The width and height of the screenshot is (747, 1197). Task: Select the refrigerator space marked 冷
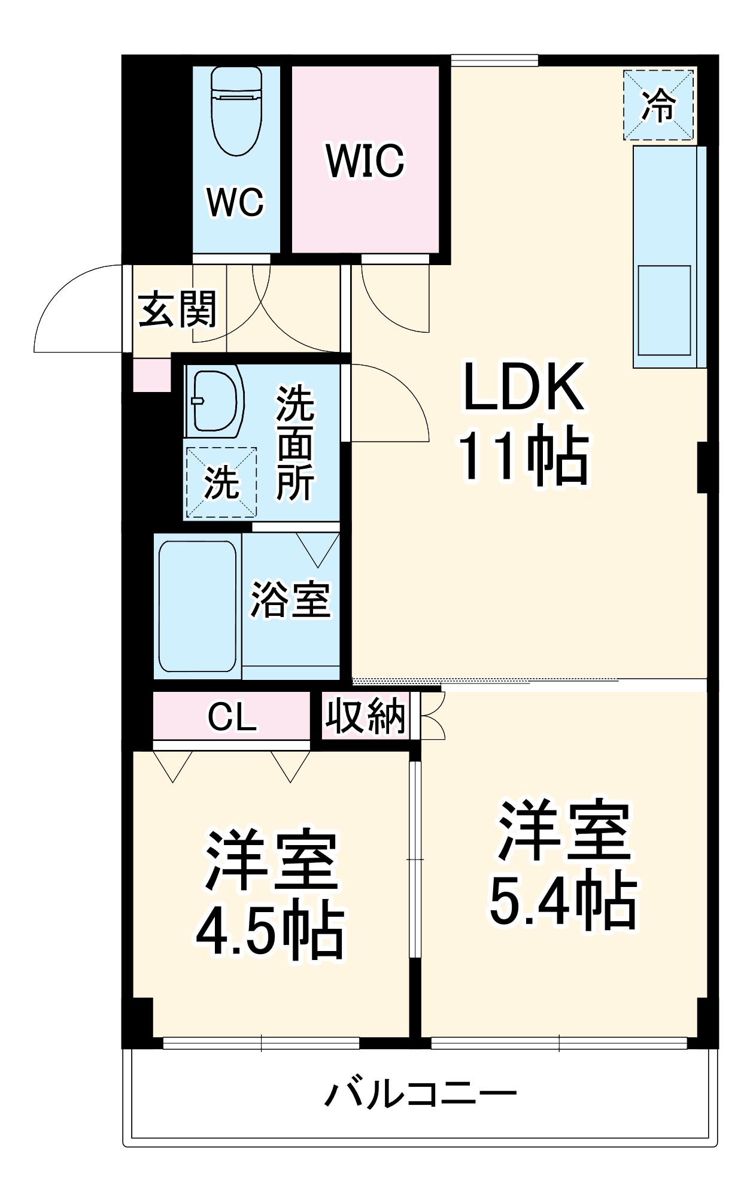pyautogui.click(x=658, y=105)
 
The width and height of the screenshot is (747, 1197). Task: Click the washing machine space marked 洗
pyautogui.click(x=221, y=482)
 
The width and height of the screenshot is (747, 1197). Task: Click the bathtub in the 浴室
pyautogui.click(x=197, y=606)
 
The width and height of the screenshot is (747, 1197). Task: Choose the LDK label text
pyautogui.click(x=523, y=387)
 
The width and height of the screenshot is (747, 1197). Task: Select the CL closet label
pyautogui.click(x=232, y=716)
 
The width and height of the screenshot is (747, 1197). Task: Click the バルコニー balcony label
pyautogui.click(x=420, y=1095)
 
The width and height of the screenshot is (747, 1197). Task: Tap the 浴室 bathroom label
pyautogui.click(x=290, y=599)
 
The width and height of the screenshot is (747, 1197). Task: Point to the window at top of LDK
pyautogui.click(x=494, y=60)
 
